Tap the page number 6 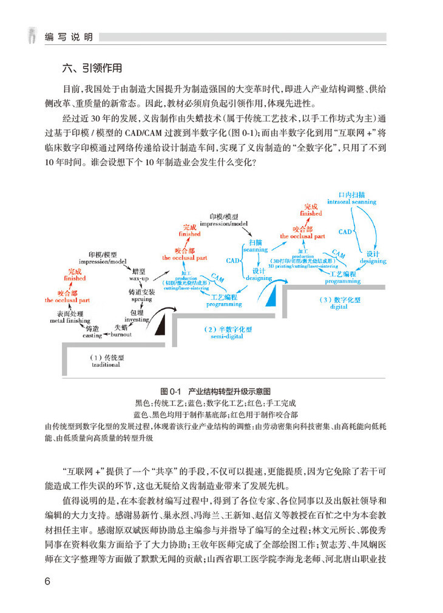(x=49, y=581)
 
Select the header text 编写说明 (x=69, y=37)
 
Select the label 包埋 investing (x=136, y=315)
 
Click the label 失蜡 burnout (x=121, y=331)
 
